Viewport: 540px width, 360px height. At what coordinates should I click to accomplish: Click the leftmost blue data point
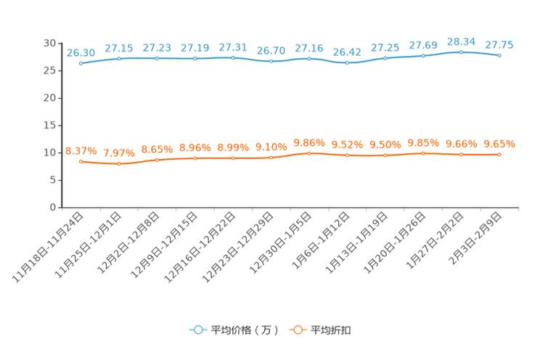81,64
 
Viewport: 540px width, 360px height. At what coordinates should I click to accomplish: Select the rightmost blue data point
499,56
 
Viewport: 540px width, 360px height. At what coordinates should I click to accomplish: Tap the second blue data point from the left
118,58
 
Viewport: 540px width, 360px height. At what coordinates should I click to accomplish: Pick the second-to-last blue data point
461,52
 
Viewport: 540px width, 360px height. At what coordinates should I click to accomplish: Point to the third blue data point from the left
157,58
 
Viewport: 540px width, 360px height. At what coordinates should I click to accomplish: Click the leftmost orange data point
81,161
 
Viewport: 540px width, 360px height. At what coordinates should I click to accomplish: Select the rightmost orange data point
499,155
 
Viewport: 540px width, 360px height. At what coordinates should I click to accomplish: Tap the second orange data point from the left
118,164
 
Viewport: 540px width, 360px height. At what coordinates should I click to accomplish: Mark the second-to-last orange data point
461,155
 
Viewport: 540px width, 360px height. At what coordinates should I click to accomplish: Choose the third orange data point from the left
157,159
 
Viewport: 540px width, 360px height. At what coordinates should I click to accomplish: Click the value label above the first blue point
81,52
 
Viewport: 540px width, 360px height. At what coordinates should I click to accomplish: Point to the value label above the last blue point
499,45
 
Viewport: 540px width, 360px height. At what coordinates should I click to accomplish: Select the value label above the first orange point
81,150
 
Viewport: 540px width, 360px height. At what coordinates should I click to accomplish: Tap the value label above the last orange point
499,143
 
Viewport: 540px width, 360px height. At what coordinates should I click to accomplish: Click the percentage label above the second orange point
118,153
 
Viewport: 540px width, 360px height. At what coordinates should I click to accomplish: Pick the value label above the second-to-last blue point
461,41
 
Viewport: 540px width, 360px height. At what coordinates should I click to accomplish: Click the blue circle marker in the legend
197,330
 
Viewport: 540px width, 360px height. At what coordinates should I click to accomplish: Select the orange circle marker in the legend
297,330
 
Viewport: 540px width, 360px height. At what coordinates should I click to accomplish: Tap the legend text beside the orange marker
331,330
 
